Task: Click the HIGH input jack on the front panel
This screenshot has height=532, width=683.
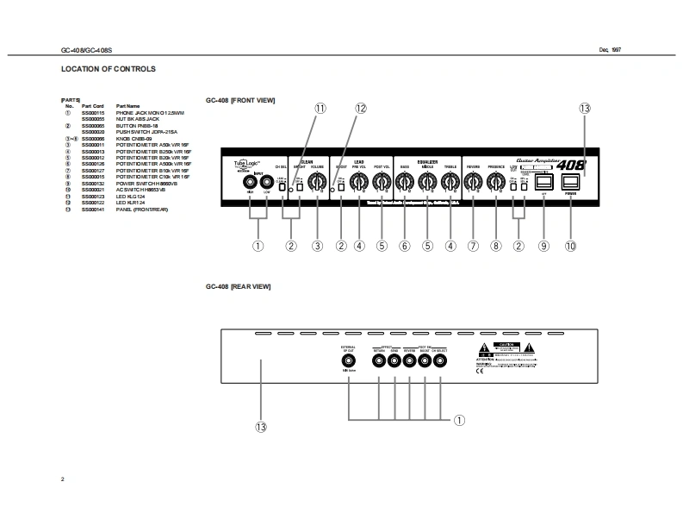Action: [251, 183]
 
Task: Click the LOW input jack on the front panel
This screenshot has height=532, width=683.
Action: [267, 183]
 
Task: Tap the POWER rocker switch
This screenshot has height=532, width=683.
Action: [570, 182]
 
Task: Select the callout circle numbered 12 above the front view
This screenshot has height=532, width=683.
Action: [360, 109]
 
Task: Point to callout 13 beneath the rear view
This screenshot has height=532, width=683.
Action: [261, 426]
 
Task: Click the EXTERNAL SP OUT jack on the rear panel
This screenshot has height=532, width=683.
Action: [349, 362]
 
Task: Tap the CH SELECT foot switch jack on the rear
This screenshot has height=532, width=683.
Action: [440, 362]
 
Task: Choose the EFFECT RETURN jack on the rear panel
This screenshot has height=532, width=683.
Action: [379, 362]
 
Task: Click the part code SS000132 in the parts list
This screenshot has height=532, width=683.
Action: [93, 184]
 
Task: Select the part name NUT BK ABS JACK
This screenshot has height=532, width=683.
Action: [138, 118]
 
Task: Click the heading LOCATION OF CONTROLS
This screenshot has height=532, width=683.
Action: [109, 69]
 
